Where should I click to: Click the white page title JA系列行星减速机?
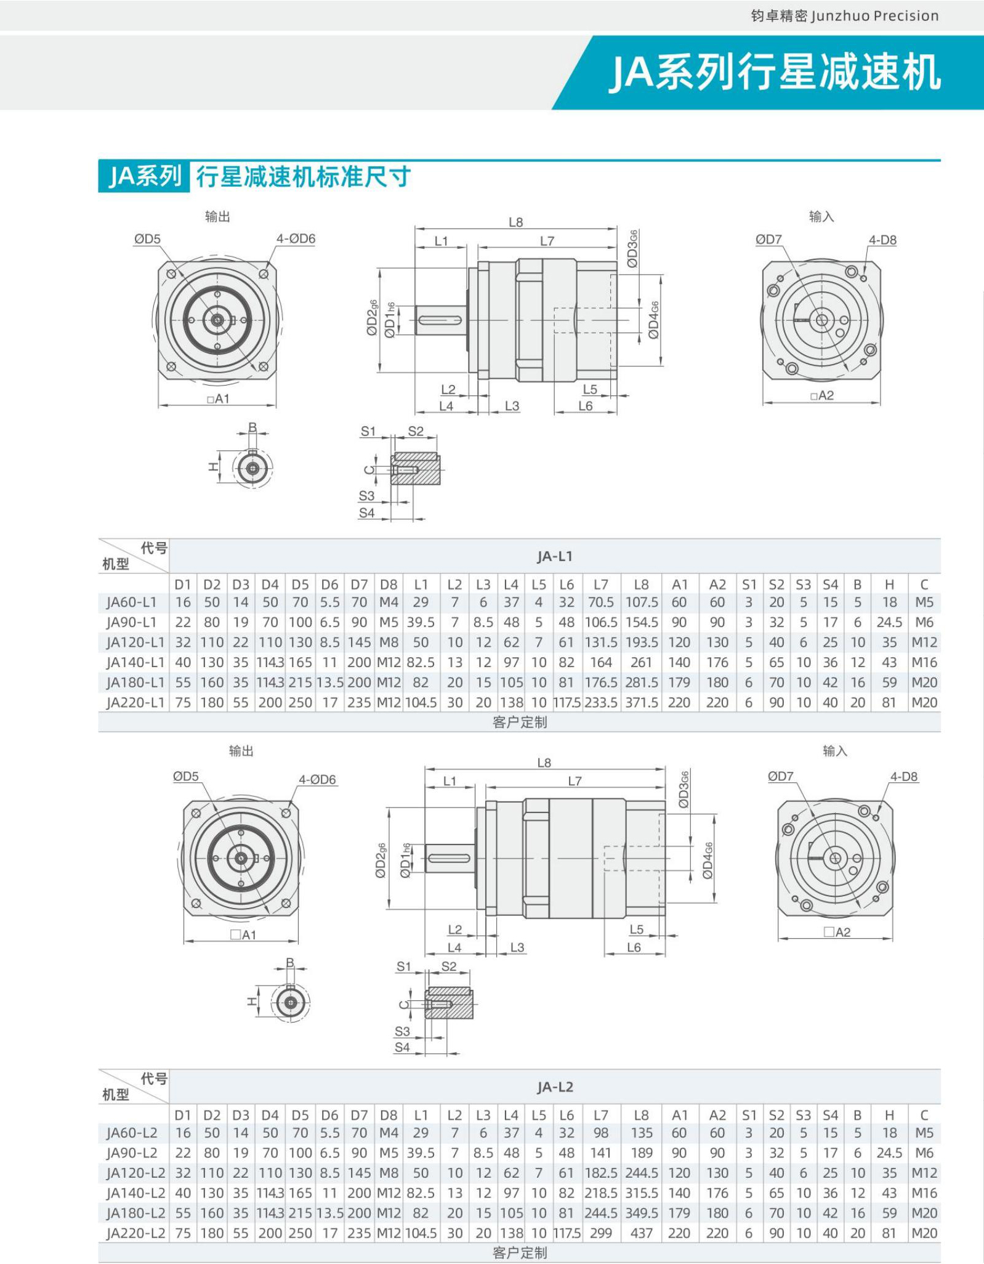point(775,73)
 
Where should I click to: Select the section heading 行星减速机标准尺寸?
point(303,177)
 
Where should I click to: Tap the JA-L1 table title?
point(554,556)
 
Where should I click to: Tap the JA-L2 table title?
point(554,1087)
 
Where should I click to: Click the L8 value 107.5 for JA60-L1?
point(642,602)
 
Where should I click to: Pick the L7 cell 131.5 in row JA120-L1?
point(601,642)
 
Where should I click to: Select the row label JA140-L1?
point(135,663)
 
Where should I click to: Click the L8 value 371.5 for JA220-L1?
point(642,703)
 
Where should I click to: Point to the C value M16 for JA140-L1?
point(924,663)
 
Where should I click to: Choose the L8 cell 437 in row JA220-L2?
point(642,1234)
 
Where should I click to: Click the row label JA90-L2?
point(132,1153)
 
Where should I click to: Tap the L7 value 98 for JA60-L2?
point(601,1133)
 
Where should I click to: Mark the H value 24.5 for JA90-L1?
point(889,623)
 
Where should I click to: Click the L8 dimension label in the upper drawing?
point(516,222)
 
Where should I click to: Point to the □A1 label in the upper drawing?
point(219,399)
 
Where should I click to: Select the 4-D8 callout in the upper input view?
point(882,240)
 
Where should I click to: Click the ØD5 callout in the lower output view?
point(186,777)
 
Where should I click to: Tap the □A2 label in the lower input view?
point(837,933)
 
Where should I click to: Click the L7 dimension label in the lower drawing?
point(575,782)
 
